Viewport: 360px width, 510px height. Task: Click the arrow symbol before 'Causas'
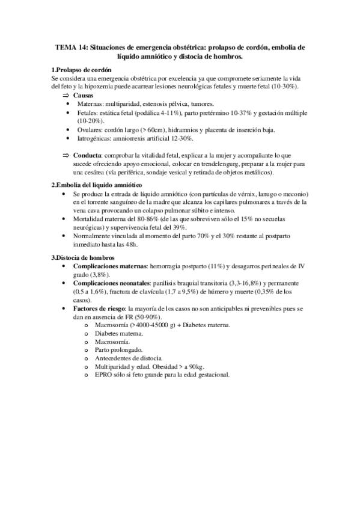(66, 96)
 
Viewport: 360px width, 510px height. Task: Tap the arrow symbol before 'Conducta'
(66, 155)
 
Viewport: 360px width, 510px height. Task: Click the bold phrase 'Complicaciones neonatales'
(111, 283)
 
